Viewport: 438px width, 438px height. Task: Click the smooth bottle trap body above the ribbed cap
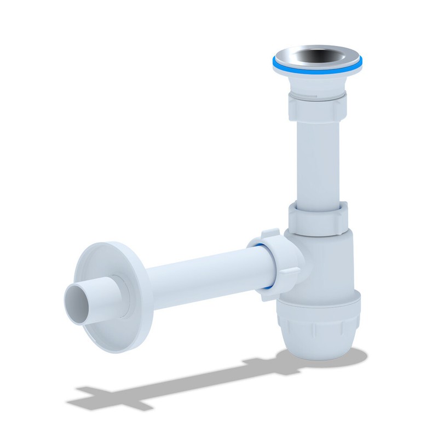click(x=328, y=263)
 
